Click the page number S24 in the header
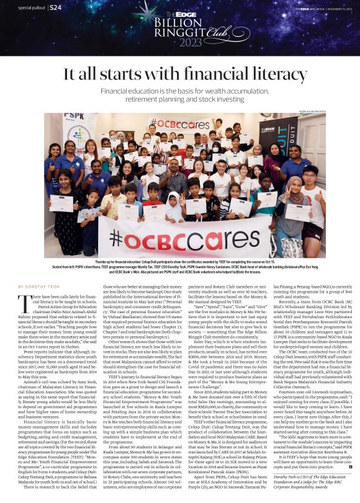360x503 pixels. click(x=56, y=7)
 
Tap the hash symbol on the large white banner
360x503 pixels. click(x=117, y=238)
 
